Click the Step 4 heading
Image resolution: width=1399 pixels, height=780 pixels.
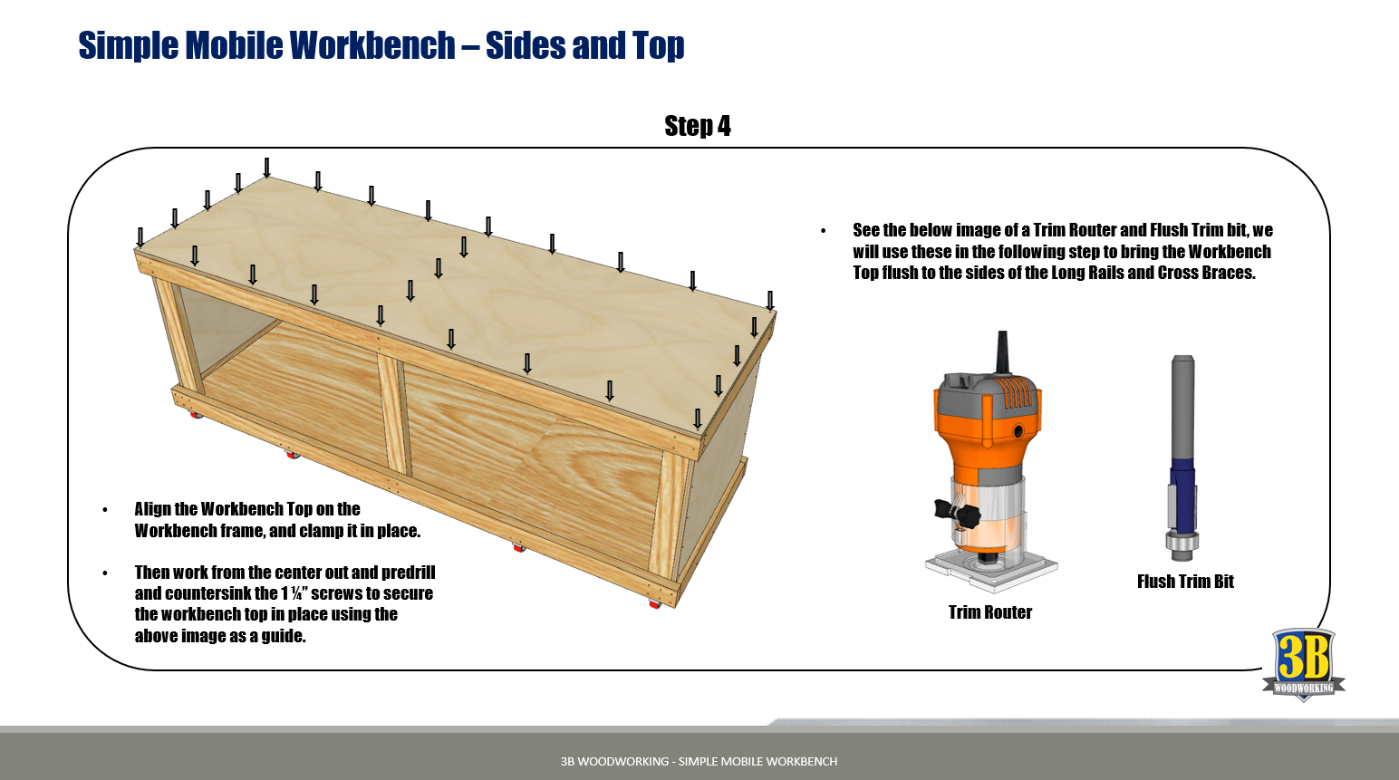click(x=697, y=126)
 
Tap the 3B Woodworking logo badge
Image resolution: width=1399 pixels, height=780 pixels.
click(x=1303, y=664)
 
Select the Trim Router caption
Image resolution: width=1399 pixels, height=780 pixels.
click(x=989, y=612)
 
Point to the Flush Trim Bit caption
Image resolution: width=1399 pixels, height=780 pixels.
click(x=1185, y=582)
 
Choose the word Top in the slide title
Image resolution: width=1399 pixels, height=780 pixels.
click(x=659, y=45)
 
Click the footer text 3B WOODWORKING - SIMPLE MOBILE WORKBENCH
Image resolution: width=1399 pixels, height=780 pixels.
click(x=699, y=761)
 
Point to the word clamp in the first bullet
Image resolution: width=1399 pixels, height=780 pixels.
click(x=321, y=531)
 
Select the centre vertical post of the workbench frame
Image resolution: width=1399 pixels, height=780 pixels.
click(x=393, y=412)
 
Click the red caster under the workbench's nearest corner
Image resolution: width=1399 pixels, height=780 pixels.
click(x=654, y=603)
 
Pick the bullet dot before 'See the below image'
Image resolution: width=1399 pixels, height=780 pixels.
click(x=823, y=231)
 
